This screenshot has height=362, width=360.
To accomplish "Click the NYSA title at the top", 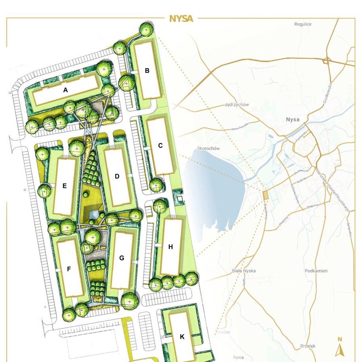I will (x=181, y=18).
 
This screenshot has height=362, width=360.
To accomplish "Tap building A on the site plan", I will (x=66, y=91).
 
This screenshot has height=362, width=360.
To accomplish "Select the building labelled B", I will (x=147, y=71).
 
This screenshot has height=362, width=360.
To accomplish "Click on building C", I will (x=160, y=145).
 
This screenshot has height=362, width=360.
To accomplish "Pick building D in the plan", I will (x=117, y=176).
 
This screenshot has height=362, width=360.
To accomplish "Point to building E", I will (x=64, y=186).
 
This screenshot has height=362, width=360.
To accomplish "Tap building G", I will (x=122, y=258).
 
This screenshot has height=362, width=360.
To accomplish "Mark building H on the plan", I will (x=171, y=247).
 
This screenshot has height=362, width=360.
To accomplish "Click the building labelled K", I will (x=182, y=336).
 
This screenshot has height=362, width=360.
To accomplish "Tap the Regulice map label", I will (x=303, y=24).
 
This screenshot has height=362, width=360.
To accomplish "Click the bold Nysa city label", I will (x=293, y=120).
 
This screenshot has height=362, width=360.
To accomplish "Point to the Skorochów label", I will (x=209, y=149).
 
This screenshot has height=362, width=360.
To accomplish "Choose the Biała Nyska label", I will (x=244, y=271).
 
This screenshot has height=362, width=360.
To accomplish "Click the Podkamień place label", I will (x=316, y=271).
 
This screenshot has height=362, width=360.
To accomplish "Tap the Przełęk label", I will (x=308, y=346).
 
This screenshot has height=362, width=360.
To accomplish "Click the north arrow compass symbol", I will (x=340, y=348).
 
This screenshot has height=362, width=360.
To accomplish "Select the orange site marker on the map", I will (x=265, y=195).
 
